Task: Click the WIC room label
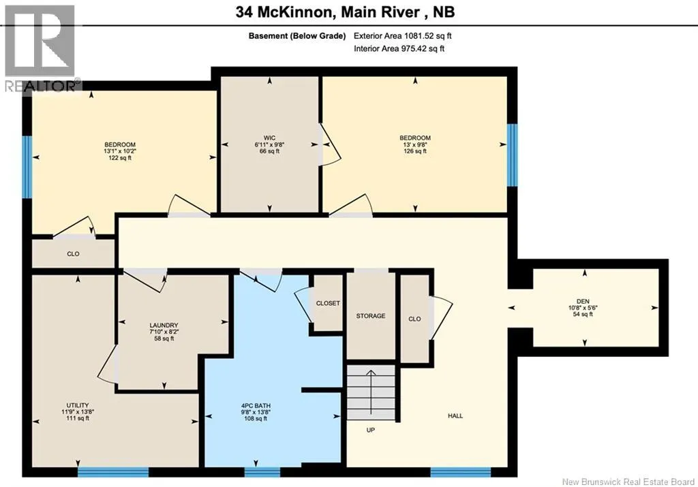[269, 138]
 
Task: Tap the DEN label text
[583, 301]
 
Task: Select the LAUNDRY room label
[164, 325]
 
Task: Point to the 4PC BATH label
[256, 406]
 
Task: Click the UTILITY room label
[78, 405]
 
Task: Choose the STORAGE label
[371, 316]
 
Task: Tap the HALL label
[455, 416]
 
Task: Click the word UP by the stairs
[370, 430]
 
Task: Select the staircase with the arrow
[371, 392]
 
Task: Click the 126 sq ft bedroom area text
[415, 151]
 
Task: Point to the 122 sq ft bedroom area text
[120, 158]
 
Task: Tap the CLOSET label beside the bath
[328, 303]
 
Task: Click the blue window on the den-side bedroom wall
[513, 155]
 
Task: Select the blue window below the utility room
[113, 472]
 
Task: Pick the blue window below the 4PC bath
[262, 472]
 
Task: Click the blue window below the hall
[460, 472]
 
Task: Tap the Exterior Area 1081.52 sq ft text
[402, 36]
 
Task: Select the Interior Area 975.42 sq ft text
[399, 49]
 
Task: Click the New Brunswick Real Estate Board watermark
[628, 482]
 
